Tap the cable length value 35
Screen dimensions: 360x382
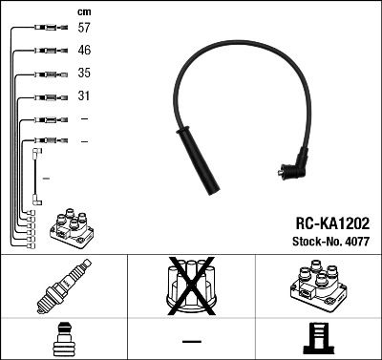(x=85, y=74)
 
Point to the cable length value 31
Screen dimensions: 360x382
(x=85, y=96)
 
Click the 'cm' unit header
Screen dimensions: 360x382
(x=84, y=11)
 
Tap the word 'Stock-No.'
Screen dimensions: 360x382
(x=316, y=242)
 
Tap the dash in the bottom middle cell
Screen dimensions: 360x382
(x=191, y=341)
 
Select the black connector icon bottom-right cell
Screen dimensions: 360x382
(x=317, y=340)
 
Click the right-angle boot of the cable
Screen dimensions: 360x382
(x=293, y=168)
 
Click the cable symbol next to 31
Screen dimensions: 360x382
(x=47, y=96)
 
